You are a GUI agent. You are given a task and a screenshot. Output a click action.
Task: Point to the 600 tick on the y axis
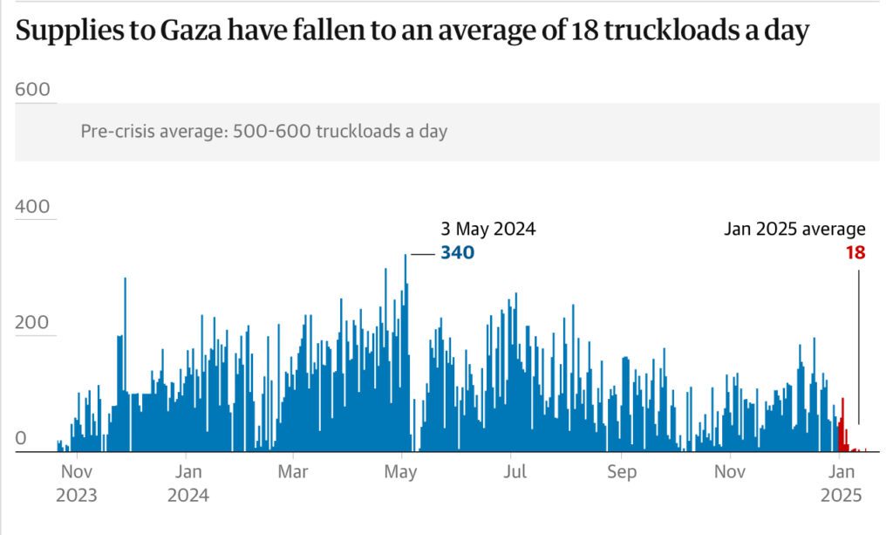33,90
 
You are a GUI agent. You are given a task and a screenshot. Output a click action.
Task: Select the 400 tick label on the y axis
33,208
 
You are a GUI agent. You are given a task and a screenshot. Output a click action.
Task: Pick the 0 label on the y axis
22,439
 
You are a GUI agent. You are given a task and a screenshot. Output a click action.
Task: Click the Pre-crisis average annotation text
263,132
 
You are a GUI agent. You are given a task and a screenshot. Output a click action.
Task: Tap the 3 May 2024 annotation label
487,230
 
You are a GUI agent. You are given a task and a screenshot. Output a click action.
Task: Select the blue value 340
457,253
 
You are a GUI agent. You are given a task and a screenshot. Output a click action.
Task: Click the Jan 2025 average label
794,230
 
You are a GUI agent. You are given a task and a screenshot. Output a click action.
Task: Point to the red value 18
855,253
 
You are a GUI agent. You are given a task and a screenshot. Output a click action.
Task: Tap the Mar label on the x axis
293,472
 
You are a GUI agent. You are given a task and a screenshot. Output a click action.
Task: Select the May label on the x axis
401,472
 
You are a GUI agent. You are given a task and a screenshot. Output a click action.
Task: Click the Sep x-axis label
621,472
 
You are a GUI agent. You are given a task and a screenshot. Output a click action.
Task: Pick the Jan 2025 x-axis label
840,483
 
